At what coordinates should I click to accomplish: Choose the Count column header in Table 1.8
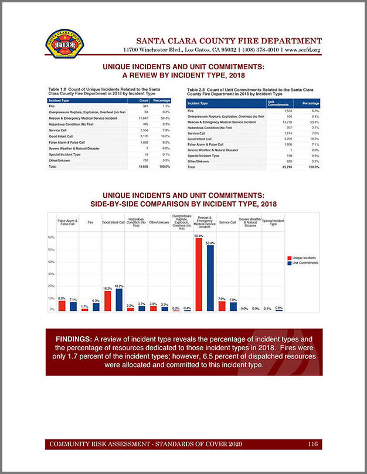click(144, 100)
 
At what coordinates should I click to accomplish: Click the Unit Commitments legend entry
click(303, 263)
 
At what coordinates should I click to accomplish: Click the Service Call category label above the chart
click(227, 223)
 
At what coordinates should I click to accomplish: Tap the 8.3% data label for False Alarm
click(62, 298)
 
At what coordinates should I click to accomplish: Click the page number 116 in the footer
click(313, 444)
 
